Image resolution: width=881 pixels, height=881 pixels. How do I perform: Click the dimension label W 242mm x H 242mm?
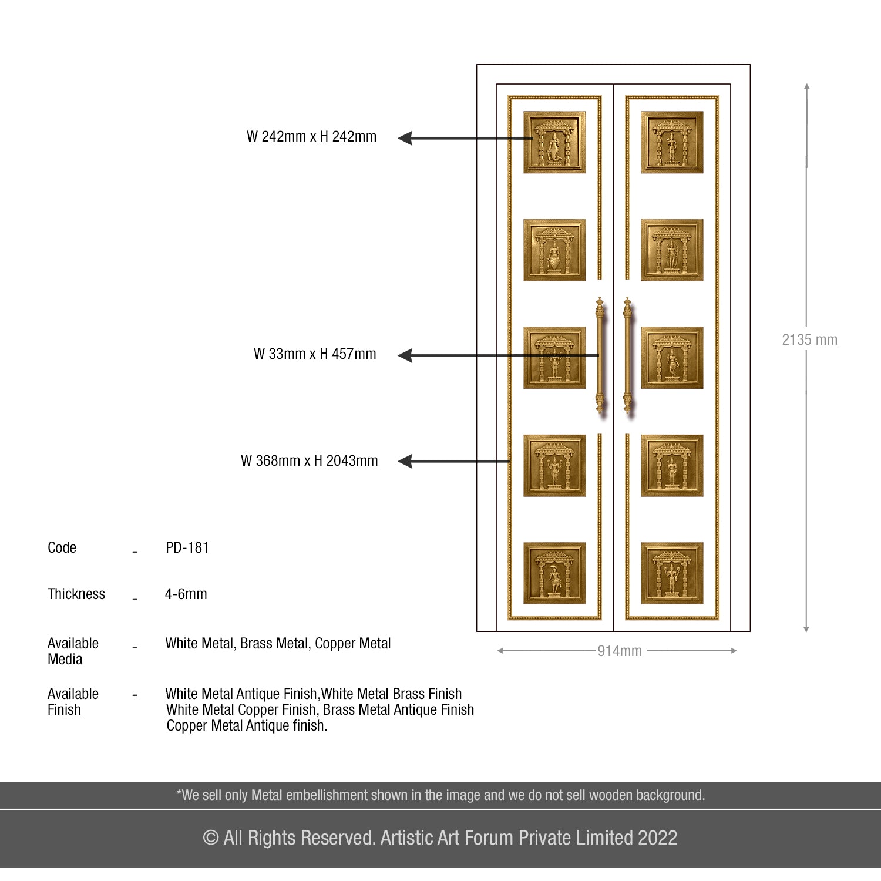(x=311, y=137)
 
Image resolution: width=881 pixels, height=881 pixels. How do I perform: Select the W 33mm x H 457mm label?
(x=315, y=354)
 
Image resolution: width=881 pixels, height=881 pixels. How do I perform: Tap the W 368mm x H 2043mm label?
(x=309, y=461)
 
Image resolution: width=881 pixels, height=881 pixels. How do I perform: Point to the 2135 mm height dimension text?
(x=809, y=340)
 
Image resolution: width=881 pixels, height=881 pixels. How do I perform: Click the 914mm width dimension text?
(x=620, y=651)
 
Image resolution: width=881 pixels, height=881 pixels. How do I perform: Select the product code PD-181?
(x=187, y=548)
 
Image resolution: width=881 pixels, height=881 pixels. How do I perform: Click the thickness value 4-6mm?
(x=186, y=594)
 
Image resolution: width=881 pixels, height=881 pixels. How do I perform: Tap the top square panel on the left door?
(x=554, y=142)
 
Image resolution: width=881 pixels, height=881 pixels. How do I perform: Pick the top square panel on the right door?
(x=672, y=142)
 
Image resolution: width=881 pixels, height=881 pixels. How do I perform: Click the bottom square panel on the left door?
(x=554, y=573)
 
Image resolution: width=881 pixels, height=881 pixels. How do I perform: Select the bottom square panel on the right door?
(x=672, y=573)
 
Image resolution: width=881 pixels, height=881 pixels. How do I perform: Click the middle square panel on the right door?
(x=672, y=358)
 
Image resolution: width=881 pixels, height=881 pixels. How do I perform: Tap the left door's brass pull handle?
(x=600, y=355)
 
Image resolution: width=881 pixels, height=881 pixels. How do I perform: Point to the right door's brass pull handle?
(x=627, y=355)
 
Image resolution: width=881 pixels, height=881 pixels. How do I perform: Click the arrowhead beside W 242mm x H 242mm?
(x=405, y=139)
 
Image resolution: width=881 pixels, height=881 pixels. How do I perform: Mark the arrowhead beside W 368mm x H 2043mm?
(x=405, y=462)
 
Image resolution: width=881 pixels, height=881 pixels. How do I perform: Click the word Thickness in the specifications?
(x=76, y=594)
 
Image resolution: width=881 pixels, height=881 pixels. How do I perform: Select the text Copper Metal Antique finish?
(x=247, y=726)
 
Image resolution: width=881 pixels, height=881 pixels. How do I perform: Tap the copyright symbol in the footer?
(x=210, y=838)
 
